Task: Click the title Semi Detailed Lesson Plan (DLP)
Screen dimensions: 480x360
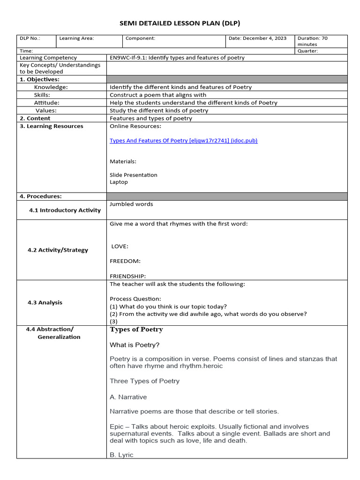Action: [180, 23]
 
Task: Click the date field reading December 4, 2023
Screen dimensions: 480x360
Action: [257, 38]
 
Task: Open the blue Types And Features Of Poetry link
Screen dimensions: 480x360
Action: [183, 141]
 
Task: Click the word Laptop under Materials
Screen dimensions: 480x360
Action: [119, 182]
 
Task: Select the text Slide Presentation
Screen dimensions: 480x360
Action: [134, 175]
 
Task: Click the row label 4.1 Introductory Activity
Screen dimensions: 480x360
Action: [65, 210]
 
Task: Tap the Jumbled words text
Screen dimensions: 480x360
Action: [131, 204]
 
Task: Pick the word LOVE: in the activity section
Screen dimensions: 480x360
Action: [120, 247]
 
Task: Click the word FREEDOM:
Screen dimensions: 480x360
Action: [125, 261]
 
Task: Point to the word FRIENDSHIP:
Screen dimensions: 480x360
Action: [127, 276]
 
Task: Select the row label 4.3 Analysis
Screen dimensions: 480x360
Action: [45, 303]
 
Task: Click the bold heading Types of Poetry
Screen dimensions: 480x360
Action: [136, 330]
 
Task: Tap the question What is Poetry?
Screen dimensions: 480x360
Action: [135, 345]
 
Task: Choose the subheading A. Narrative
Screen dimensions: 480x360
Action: [128, 397]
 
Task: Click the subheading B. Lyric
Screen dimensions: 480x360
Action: [121, 455]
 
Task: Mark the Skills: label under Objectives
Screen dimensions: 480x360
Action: [42, 95]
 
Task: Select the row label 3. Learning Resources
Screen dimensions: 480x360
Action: [52, 126]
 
